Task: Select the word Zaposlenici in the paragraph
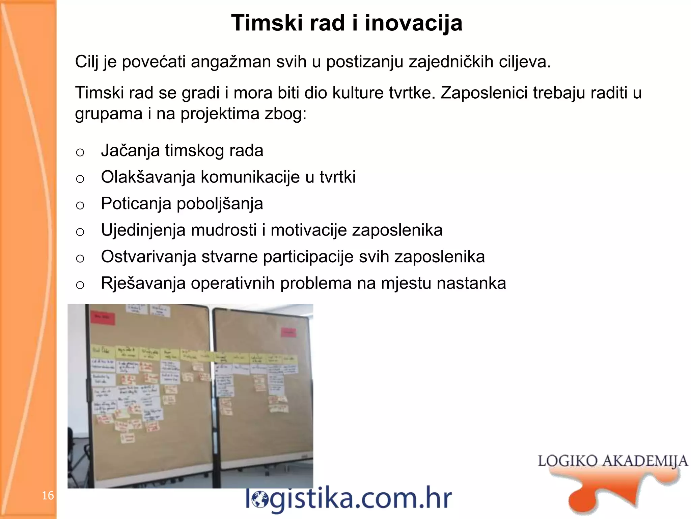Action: click(484, 93)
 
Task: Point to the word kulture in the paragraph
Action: click(358, 93)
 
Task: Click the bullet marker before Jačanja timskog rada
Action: click(80, 152)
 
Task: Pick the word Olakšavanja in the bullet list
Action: click(148, 177)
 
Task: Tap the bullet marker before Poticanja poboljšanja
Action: click(80, 205)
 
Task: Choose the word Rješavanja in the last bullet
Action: click(143, 283)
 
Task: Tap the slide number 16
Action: click(48, 495)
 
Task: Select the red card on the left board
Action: click(102, 317)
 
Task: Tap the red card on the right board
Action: click(288, 332)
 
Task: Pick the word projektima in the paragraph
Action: click(220, 114)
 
